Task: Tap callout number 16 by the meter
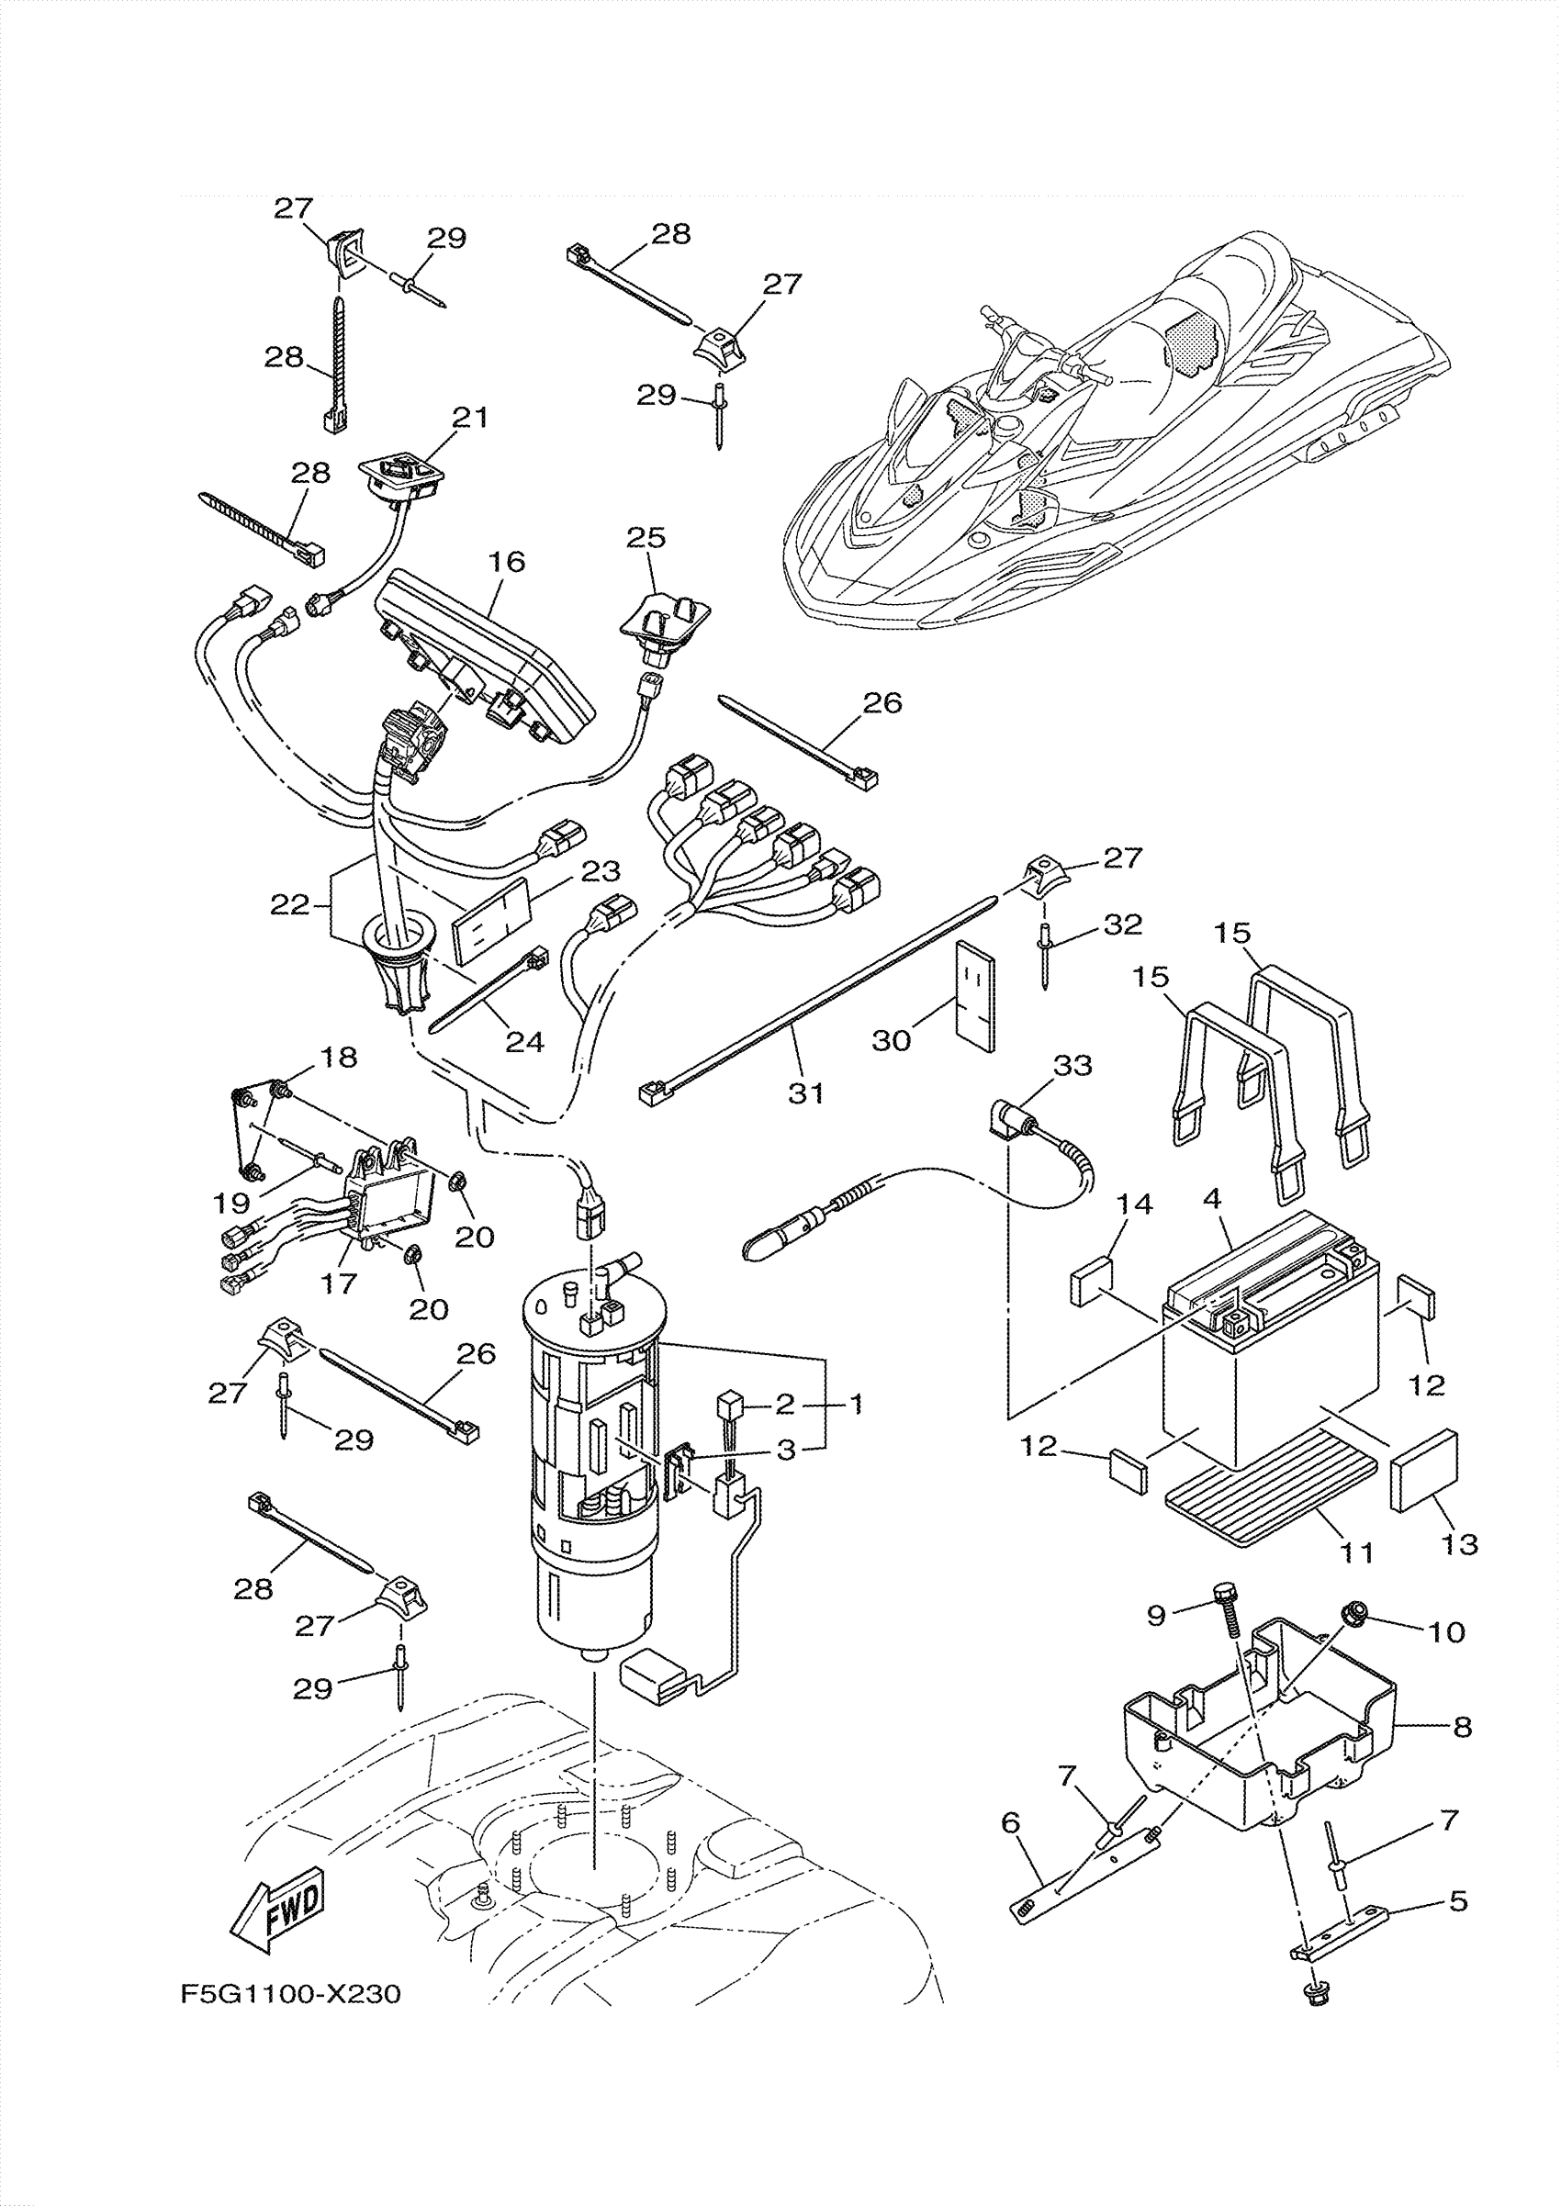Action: coord(507,561)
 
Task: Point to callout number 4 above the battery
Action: coord(1212,1200)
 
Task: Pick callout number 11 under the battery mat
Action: coord(1355,1552)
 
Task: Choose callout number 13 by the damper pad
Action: coord(1460,1545)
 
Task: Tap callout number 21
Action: coord(471,417)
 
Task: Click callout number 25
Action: coord(646,537)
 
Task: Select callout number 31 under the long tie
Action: coord(806,1092)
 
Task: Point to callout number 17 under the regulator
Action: coord(338,1283)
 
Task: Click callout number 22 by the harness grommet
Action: coord(290,903)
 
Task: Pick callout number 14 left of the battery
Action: coord(1134,1204)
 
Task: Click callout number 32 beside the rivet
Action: coord(1123,924)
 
